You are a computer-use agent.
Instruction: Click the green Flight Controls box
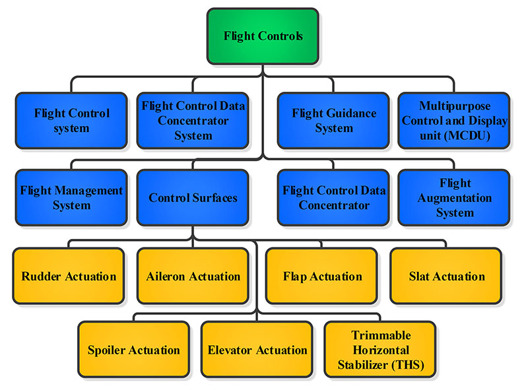(263, 36)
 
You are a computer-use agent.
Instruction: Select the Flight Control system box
(71, 121)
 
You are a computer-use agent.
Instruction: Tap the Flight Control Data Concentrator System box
(193, 121)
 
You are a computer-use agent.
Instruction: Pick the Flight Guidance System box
(333, 121)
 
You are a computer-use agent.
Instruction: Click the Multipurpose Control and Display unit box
(454, 121)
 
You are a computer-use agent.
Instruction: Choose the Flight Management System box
(71, 198)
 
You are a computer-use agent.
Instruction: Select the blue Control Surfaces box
(193, 198)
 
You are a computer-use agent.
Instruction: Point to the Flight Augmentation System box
(454, 198)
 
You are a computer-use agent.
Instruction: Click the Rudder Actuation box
(69, 276)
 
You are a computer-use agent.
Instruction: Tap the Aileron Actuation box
(193, 276)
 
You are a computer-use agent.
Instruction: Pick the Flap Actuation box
(321, 276)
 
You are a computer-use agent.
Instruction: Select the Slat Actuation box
(446, 276)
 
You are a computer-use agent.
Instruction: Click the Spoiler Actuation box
(134, 350)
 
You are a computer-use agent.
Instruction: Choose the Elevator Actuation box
(257, 350)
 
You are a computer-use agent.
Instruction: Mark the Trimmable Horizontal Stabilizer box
(380, 350)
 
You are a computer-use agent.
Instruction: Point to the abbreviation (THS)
(408, 365)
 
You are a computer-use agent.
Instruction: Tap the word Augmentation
(455, 199)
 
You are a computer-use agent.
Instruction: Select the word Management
(89, 191)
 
